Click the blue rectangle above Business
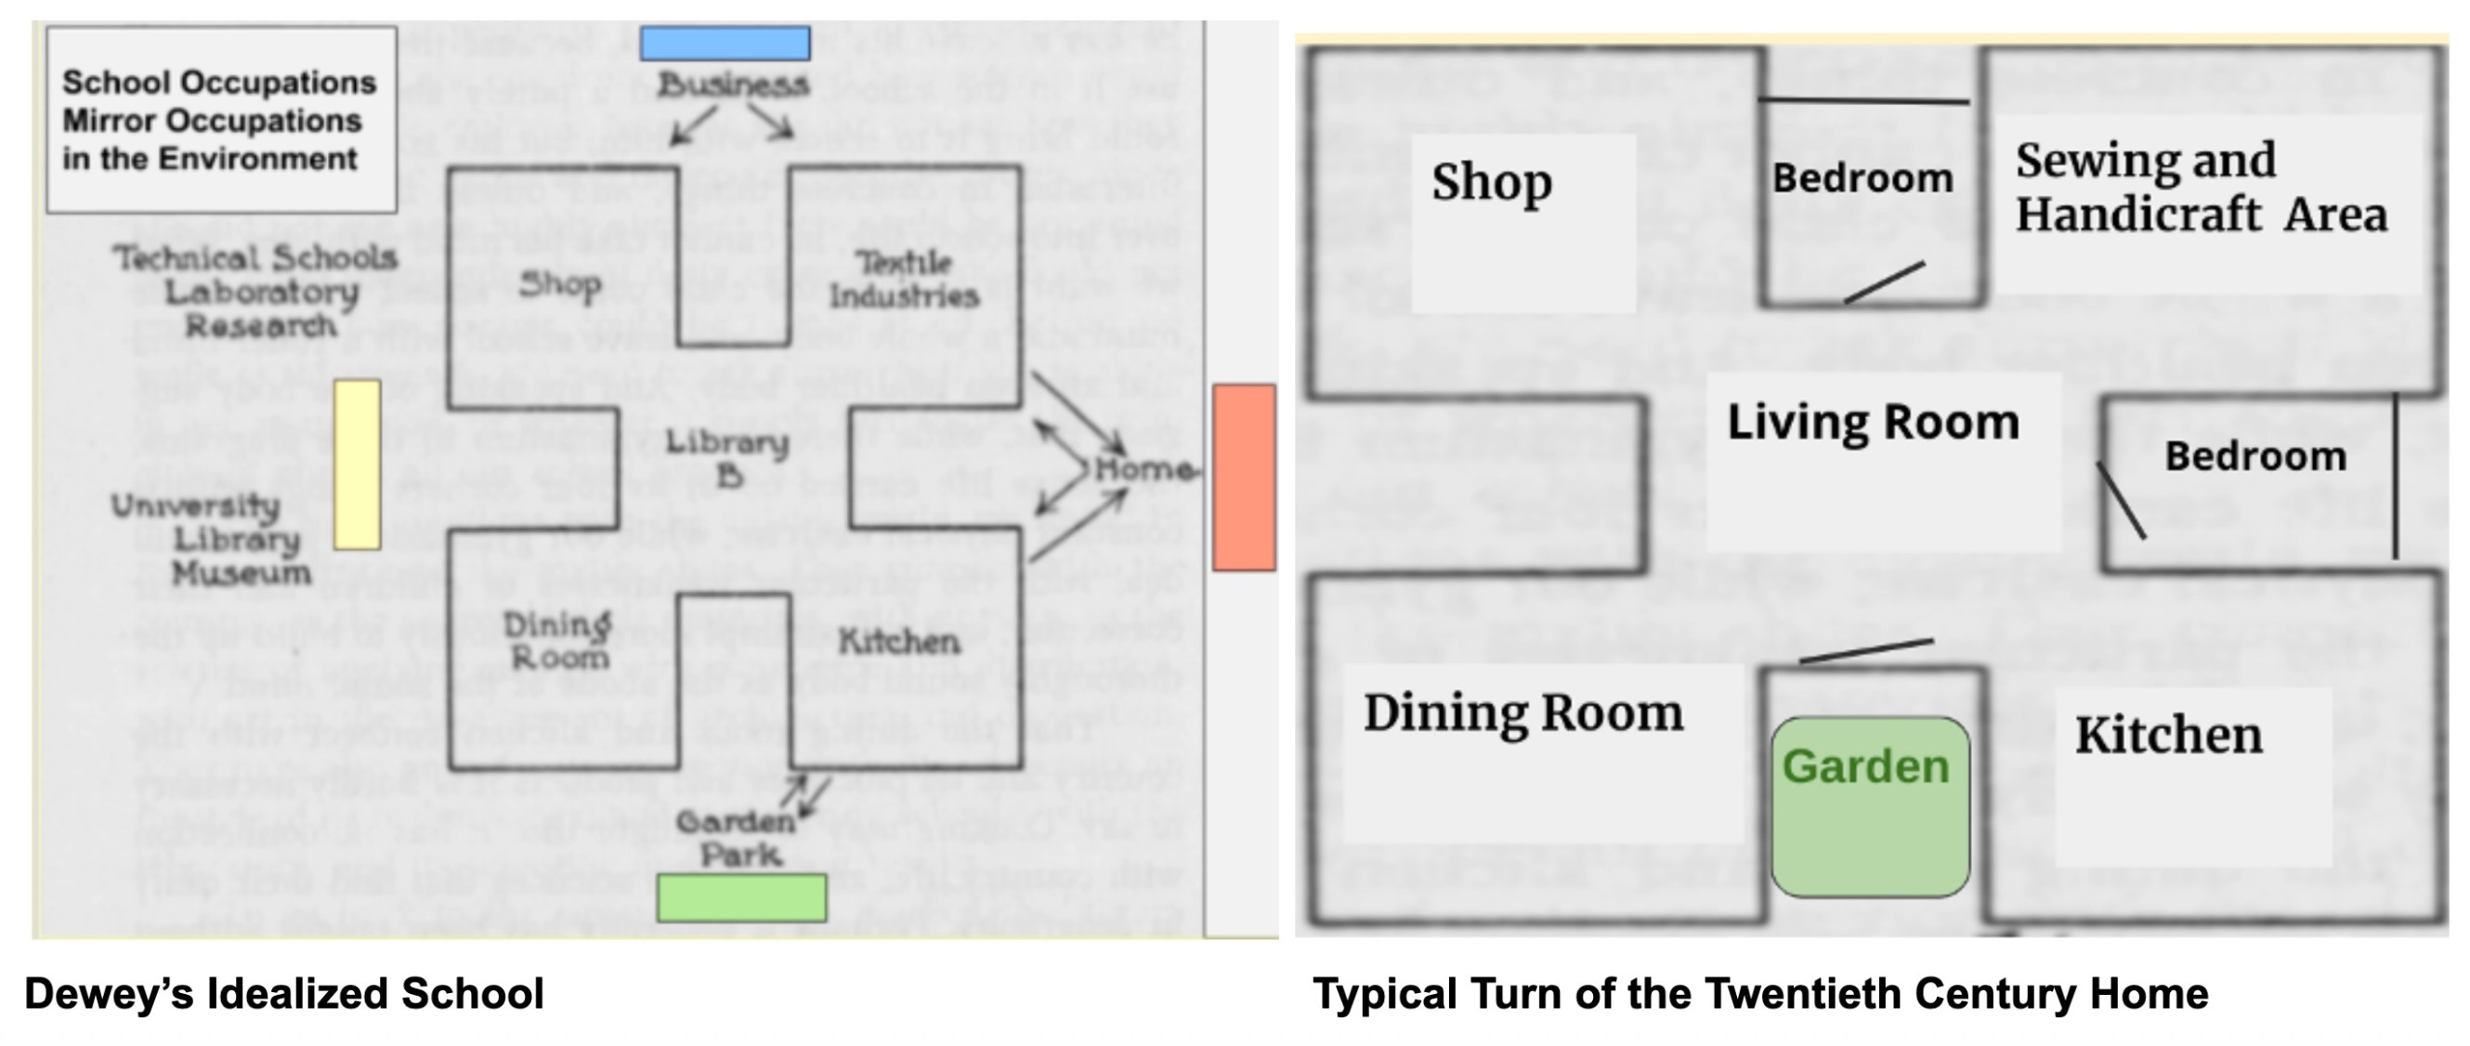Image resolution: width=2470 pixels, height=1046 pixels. [x=725, y=43]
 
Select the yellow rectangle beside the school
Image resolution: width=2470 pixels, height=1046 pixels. [x=357, y=464]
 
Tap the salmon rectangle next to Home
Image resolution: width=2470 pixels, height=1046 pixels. [x=1244, y=477]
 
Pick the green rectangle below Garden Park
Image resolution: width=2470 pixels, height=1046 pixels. [x=741, y=897]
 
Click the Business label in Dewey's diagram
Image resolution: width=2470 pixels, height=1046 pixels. [x=734, y=85]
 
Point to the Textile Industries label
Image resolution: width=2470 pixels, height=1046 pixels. [x=904, y=279]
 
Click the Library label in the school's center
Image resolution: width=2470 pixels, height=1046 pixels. [x=727, y=457]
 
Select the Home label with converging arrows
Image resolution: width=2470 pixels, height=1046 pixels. [x=1144, y=469]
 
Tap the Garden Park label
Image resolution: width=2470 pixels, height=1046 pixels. [x=737, y=838]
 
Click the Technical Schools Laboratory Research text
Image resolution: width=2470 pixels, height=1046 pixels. [x=256, y=292]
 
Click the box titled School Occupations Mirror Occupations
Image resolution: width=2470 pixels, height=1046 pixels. [x=221, y=120]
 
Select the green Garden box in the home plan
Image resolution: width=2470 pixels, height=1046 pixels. [x=1870, y=806]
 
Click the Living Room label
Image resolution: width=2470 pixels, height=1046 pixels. [x=1873, y=422]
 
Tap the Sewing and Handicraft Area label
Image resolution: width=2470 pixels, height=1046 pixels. [x=2200, y=187]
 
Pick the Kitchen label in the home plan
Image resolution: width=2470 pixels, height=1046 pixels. [x=2169, y=736]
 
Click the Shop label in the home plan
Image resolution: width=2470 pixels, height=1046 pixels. [x=1492, y=181]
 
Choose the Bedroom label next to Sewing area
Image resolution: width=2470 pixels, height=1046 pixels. [x=1862, y=178]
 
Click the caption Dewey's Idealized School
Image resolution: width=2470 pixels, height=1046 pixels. [x=284, y=993]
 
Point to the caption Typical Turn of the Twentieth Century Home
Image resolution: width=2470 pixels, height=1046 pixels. [x=1760, y=993]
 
